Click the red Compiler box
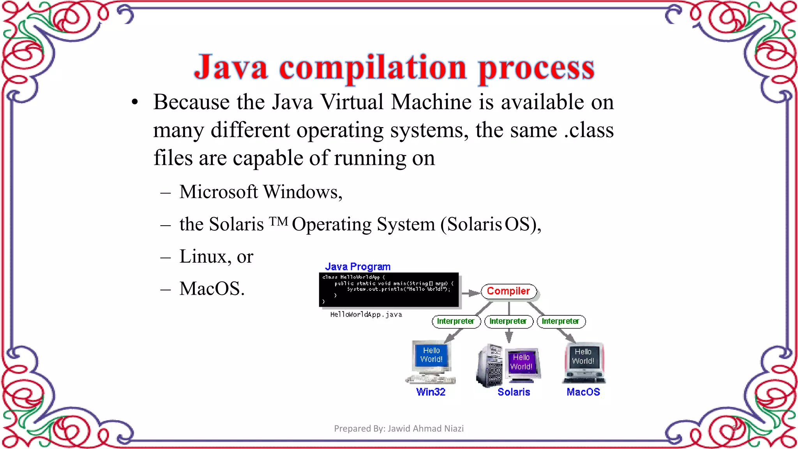tap(508, 291)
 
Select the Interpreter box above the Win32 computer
tap(455, 321)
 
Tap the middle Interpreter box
tap(508, 321)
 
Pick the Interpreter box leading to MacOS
tap(561, 321)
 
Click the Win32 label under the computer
tap(431, 392)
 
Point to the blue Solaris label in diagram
tap(514, 392)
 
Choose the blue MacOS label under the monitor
tap(583, 392)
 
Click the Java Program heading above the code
tap(358, 267)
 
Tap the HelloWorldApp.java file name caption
tap(366, 315)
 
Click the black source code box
tap(388, 290)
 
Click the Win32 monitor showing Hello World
tap(431, 355)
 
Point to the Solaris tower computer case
tap(489, 366)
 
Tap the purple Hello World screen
tap(521, 362)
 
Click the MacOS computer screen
tap(583, 357)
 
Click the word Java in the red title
tap(231, 67)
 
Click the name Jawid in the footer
tap(399, 428)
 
